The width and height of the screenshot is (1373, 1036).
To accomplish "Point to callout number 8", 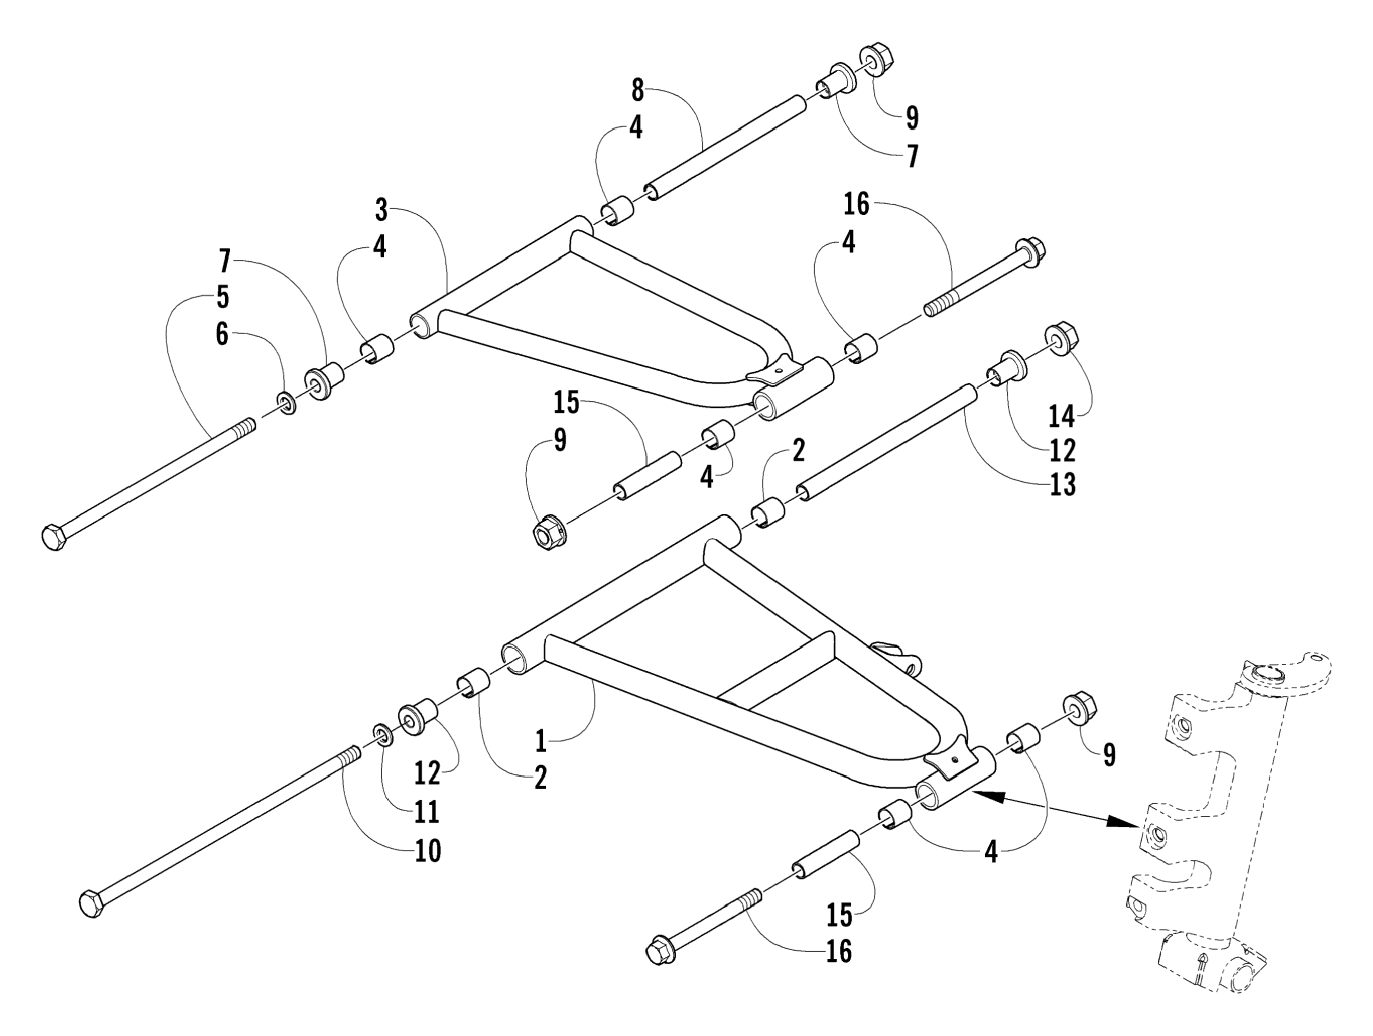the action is tap(638, 91).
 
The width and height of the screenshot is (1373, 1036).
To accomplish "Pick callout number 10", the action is tap(428, 850).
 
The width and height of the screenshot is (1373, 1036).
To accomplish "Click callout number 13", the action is tap(1062, 484).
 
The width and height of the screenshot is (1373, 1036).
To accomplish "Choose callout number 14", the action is tap(1061, 416).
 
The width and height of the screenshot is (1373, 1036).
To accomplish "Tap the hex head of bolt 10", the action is tap(91, 905).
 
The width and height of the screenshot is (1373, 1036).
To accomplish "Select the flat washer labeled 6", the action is tap(287, 403).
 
